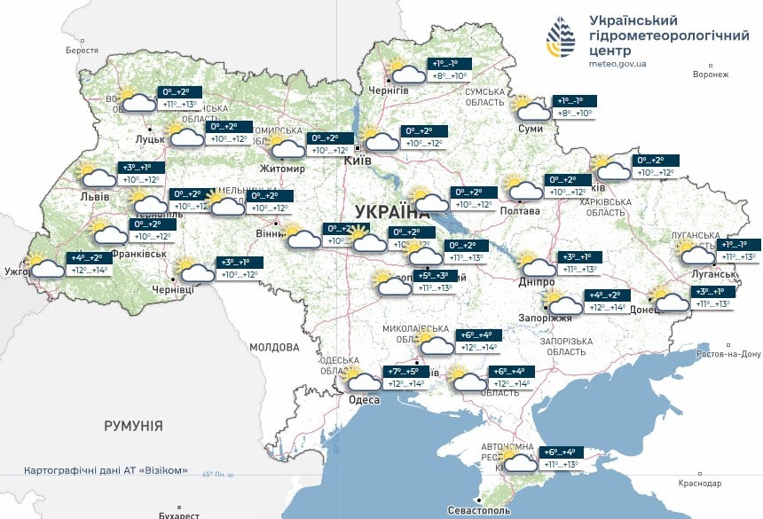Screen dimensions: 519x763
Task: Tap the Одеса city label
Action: tap(363, 400)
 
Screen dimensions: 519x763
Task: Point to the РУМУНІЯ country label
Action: tap(133, 427)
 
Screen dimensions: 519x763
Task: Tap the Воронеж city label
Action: tap(711, 75)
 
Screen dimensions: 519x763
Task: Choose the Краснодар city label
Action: tap(699, 484)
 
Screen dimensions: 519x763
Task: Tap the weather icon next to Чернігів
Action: tap(407, 73)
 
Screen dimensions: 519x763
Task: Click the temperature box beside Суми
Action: tap(575, 107)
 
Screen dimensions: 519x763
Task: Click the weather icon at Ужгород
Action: tap(45, 266)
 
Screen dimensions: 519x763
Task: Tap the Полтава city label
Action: tap(521, 211)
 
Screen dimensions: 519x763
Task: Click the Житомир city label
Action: tap(281, 169)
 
